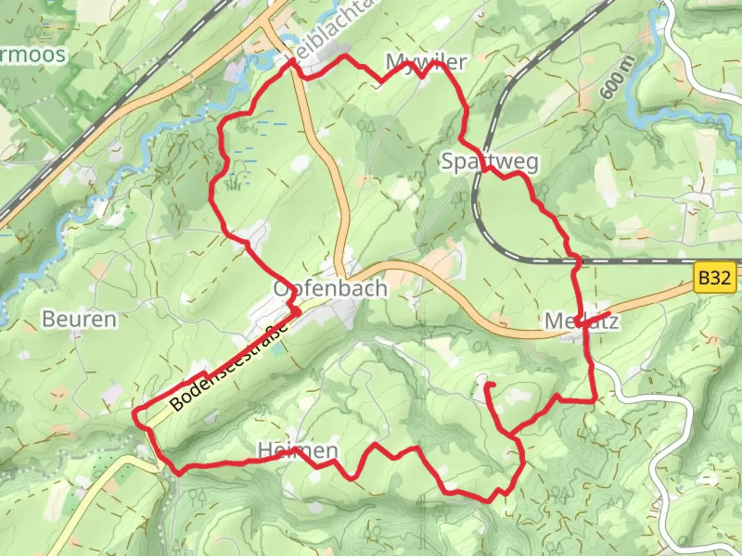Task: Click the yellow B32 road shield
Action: pos(715,279)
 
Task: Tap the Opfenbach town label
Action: pos(330,288)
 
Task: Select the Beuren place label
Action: pos(79,319)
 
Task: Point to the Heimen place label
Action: pos(298,451)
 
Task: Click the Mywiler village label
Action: pos(426,62)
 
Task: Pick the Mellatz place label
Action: pos(582,322)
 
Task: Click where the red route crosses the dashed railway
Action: pos(577,262)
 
